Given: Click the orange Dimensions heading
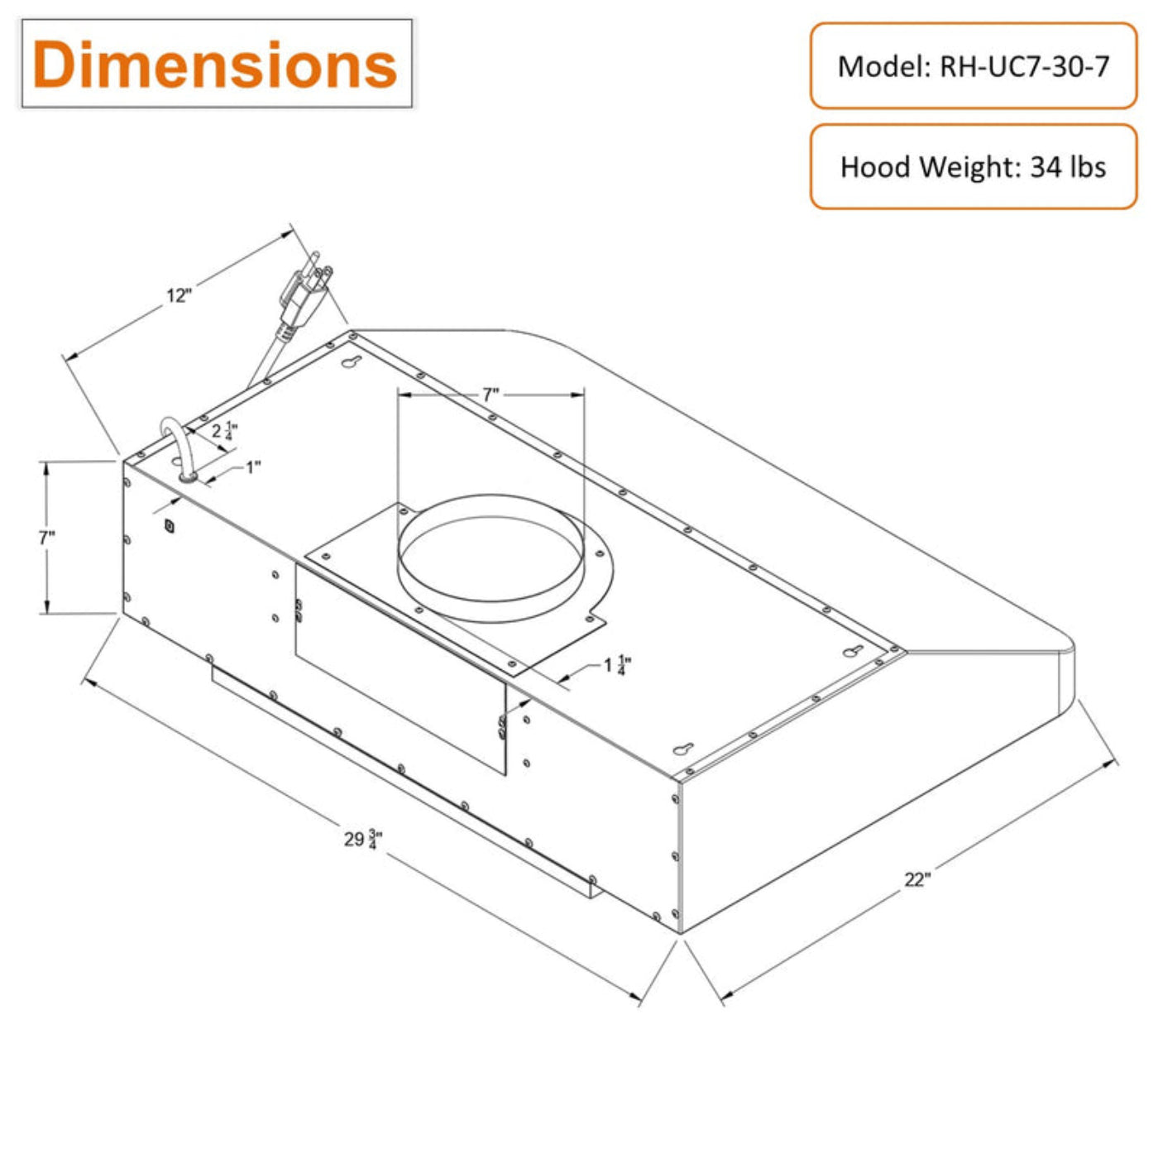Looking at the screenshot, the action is (x=215, y=65).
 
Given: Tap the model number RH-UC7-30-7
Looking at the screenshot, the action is (x=1024, y=66).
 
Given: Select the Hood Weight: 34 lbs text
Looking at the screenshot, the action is (x=973, y=166).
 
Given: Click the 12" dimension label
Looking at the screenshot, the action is (x=179, y=295).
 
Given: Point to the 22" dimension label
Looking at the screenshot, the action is (x=917, y=879).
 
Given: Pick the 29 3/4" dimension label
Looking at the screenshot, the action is (x=363, y=839).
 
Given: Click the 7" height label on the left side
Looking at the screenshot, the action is (x=47, y=538).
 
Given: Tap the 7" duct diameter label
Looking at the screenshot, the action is (x=491, y=395).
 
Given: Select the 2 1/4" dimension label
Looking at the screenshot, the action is (x=224, y=431).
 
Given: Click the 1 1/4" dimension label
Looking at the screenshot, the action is (x=617, y=665).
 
